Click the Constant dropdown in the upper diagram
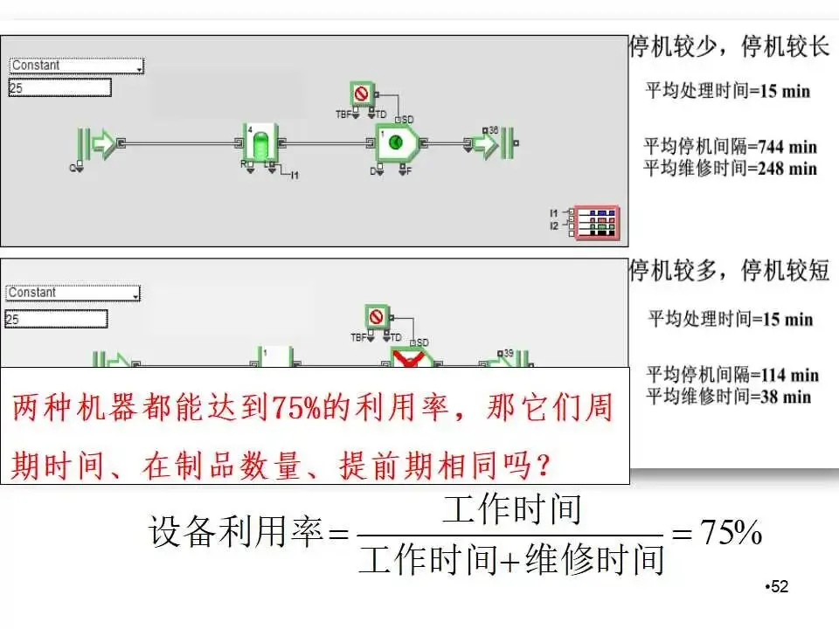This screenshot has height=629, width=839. (x=76, y=66)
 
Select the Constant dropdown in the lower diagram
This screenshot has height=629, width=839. (x=73, y=294)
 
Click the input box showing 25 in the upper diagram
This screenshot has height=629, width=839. (x=59, y=87)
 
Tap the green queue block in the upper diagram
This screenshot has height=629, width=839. (x=260, y=144)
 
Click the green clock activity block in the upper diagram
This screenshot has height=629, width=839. (x=397, y=142)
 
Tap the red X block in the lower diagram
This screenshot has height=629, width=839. (x=412, y=359)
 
